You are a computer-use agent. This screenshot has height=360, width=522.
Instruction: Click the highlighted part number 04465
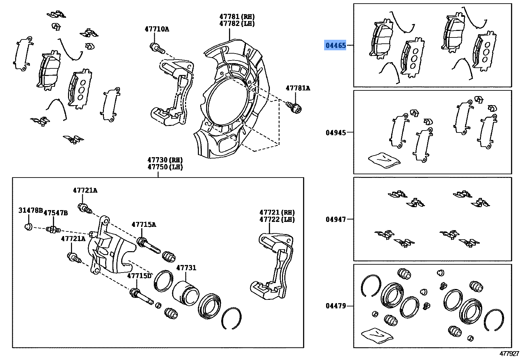335,45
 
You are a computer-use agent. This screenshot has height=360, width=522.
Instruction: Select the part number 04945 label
336,132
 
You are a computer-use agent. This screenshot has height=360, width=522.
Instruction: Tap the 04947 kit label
336,219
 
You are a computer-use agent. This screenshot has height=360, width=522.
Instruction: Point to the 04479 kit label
336,306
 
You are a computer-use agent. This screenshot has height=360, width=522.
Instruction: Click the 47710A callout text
157,29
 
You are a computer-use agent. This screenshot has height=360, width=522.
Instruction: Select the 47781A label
297,88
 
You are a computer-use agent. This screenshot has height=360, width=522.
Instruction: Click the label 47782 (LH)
237,24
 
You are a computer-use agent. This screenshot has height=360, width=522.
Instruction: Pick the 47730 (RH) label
165,160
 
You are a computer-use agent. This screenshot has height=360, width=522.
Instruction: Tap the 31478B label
30,210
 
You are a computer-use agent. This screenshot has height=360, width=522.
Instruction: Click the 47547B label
56,213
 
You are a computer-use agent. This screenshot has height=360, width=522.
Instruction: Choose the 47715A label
144,225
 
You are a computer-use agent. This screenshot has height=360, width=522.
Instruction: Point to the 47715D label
139,276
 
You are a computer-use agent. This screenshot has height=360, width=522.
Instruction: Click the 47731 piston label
186,268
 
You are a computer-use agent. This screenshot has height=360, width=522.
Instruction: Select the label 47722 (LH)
277,219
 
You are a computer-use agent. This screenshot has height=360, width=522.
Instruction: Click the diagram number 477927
509,354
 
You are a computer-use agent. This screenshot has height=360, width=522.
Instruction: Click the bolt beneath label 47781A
294,107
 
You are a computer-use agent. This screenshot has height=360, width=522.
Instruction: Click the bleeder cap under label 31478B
29,226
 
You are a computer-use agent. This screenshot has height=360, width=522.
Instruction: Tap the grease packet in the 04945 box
384,159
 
